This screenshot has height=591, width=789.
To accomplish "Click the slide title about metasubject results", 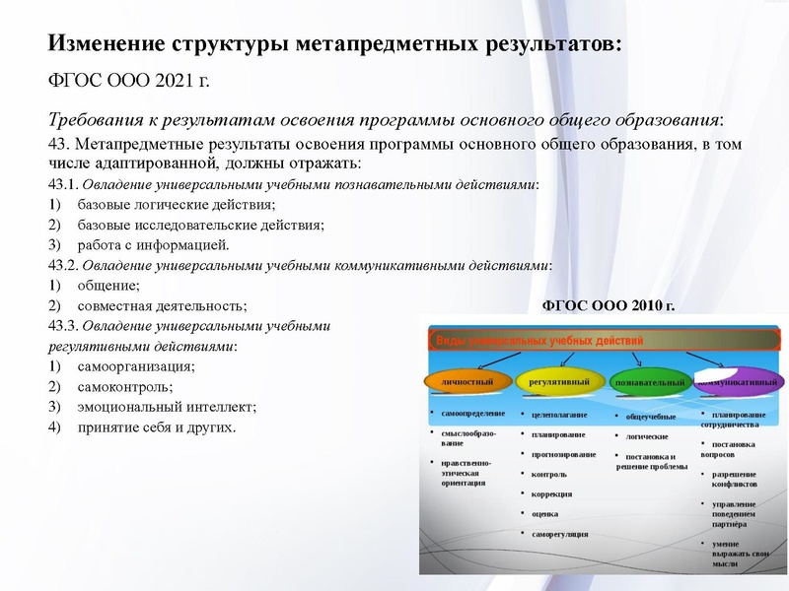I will point(335,44).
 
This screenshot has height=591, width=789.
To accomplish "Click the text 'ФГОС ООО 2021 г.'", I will point(129,80).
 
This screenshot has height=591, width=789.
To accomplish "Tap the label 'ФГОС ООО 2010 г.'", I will point(610,305).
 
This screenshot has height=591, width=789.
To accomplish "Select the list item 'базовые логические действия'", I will point(177,205).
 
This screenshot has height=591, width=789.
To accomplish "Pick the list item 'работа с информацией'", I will point(154,244).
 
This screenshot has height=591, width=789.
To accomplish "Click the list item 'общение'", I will point(108,286).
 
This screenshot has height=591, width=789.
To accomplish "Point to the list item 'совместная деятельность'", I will point(163,306).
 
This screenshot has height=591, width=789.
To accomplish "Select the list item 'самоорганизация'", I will point(136,366).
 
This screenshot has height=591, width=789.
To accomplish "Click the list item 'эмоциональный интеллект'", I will point(167,407).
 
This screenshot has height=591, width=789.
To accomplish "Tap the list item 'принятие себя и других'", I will point(157,427).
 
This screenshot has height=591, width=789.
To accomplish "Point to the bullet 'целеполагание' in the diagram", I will point(558,415).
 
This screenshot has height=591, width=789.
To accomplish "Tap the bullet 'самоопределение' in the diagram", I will point(473,413).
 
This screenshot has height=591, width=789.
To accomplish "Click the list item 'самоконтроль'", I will point(125,387).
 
